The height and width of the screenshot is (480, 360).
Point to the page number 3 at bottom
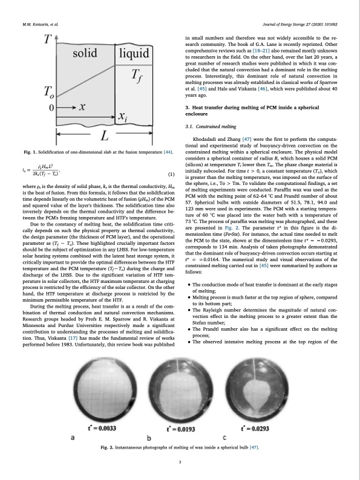(x=180, y=462)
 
